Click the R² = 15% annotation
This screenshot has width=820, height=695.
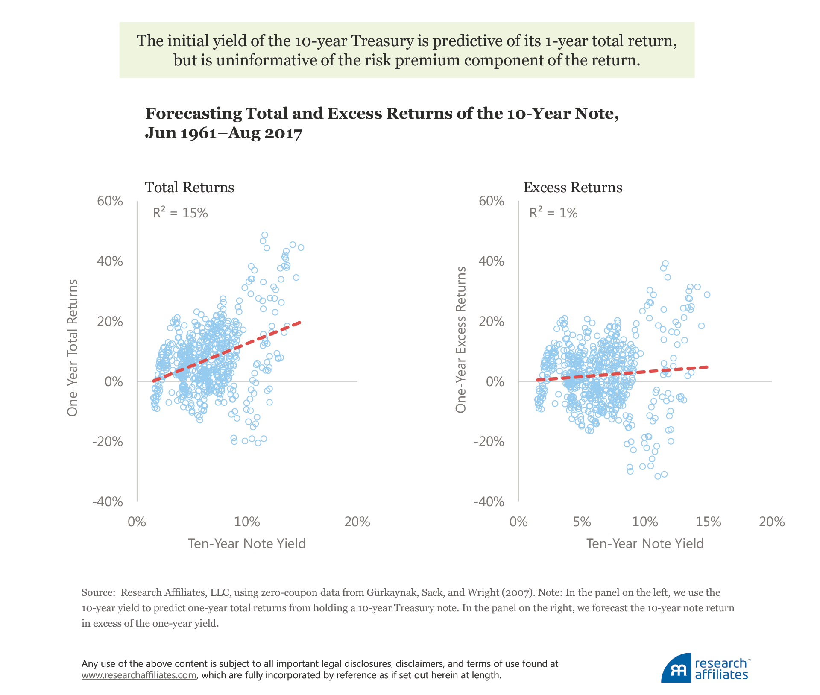click(x=180, y=213)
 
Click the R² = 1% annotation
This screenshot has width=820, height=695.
click(x=553, y=213)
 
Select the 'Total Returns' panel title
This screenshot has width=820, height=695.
click(x=189, y=188)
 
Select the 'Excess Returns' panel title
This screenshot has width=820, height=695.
click(x=573, y=188)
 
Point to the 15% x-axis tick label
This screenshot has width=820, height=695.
click(x=708, y=522)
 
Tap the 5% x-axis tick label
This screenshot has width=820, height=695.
click(x=582, y=522)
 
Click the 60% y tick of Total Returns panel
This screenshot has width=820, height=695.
click(x=110, y=201)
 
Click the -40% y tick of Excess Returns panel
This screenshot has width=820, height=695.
click(x=489, y=501)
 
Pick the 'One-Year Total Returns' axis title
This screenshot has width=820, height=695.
click(x=73, y=348)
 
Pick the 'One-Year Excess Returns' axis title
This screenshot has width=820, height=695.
click(x=460, y=340)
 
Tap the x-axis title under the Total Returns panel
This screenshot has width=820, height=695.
click(x=247, y=543)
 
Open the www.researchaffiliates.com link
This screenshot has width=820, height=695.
click(x=139, y=675)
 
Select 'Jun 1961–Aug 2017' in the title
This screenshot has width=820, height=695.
click(x=224, y=133)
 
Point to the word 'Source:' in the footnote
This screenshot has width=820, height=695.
click(x=98, y=592)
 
